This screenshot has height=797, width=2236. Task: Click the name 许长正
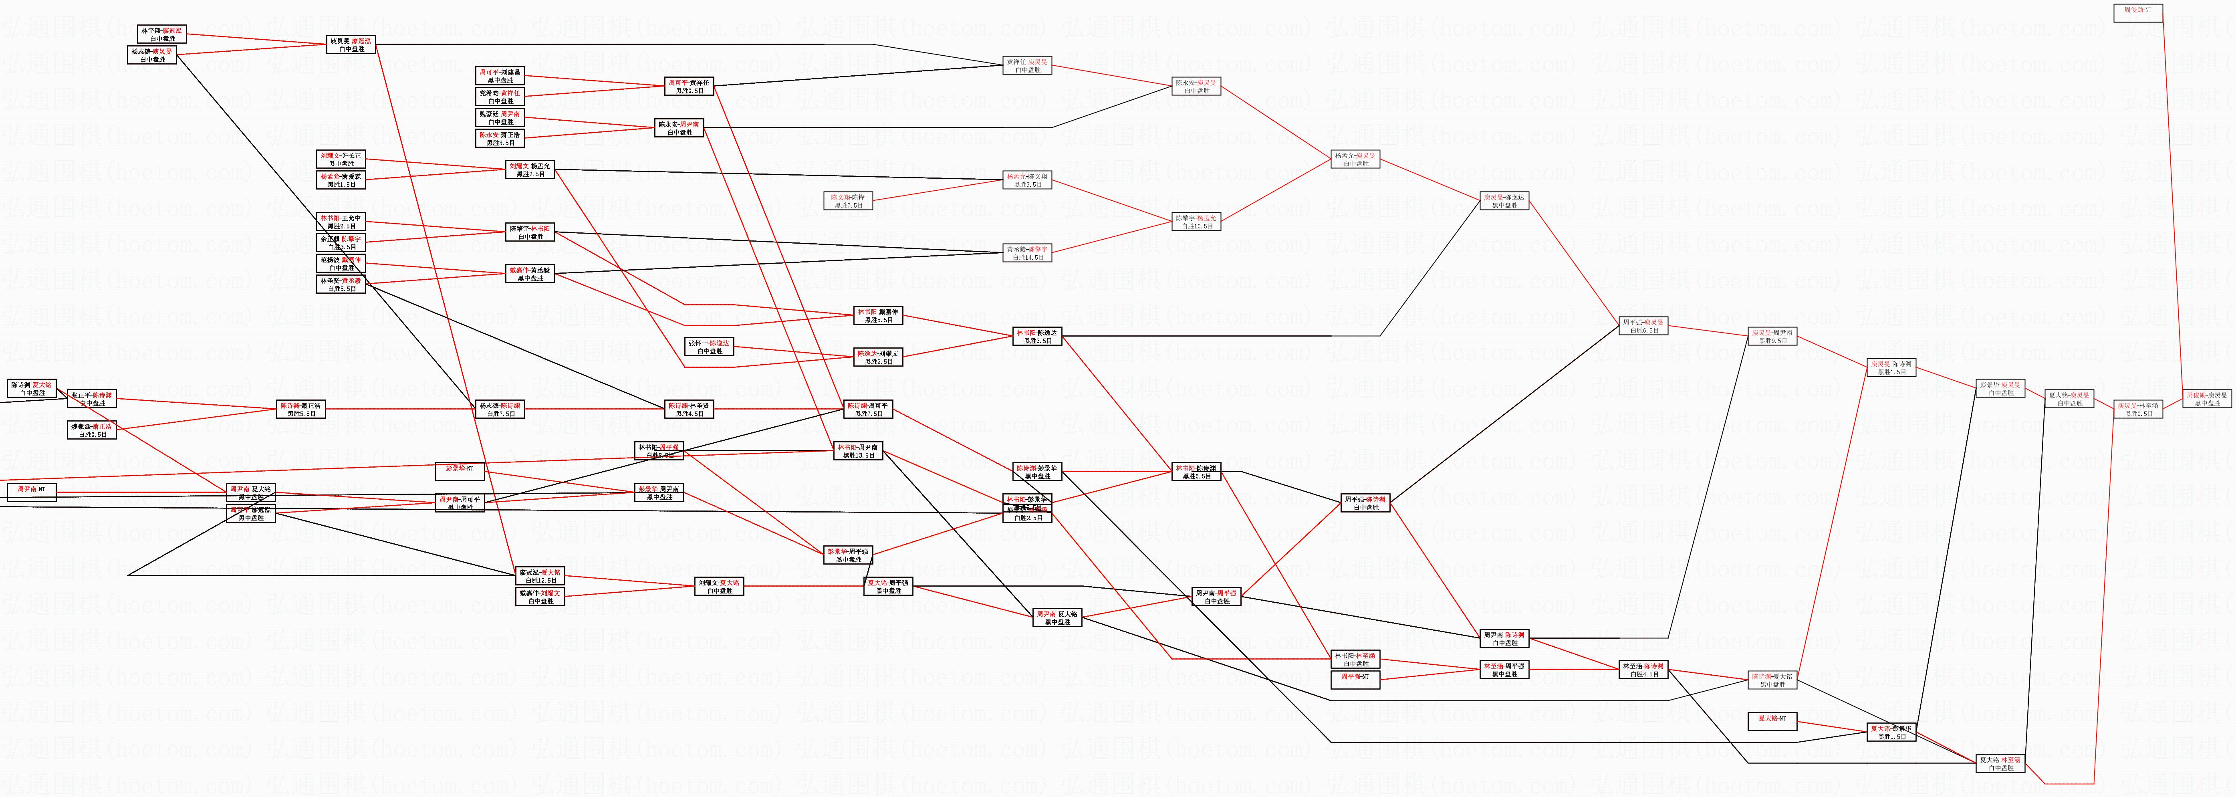[351, 155]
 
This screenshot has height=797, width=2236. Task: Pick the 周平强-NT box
[1355, 679]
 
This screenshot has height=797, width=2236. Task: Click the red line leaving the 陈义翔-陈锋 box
[938, 191]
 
